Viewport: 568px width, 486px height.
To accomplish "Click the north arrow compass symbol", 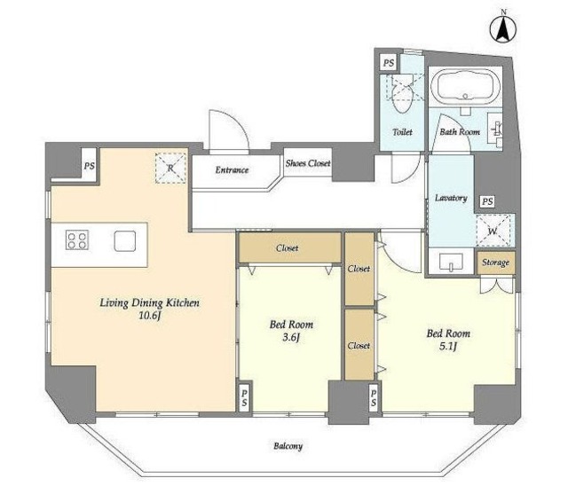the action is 503,27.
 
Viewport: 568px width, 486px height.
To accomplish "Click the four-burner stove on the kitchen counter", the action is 77,240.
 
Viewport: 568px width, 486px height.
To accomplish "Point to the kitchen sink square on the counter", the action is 125,241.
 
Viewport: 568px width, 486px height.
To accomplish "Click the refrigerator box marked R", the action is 170,169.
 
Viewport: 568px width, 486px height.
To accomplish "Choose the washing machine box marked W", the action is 493,231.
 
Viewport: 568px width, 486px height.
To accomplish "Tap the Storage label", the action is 495,263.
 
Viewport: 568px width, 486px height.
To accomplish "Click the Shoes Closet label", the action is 308,163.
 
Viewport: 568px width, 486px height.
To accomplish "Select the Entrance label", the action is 232,169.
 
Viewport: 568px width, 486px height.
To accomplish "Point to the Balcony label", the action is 288,446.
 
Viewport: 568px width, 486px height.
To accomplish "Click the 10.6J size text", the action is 149,316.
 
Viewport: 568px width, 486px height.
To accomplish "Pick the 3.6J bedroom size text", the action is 291,338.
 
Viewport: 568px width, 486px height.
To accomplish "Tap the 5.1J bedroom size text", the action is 448,347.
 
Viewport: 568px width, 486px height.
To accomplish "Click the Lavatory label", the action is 451,198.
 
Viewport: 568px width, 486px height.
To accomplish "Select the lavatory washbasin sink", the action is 451,262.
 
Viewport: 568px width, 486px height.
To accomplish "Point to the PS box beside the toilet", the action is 389,63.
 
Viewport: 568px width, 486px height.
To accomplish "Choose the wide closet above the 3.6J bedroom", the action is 290,248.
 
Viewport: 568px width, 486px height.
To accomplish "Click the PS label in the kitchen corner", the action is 89,166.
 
